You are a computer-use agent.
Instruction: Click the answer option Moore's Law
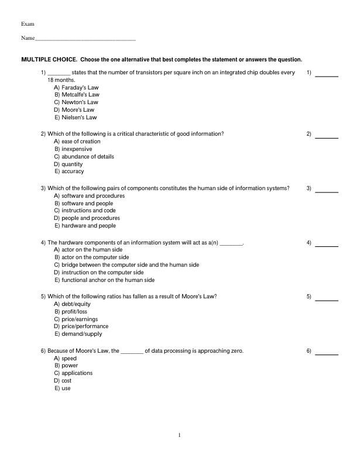click(x=74, y=109)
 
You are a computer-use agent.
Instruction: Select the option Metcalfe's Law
click(x=77, y=94)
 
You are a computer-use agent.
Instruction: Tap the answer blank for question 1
click(x=327, y=75)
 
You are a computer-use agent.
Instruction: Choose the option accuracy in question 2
click(x=68, y=172)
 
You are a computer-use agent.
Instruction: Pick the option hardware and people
click(x=85, y=226)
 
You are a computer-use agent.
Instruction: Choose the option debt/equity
click(x=73, y=304)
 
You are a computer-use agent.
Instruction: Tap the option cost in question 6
click(x=63, y=381)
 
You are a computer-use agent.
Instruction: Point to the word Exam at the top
click(x=28, y=24)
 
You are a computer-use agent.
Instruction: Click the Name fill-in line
click(x=85, y=39)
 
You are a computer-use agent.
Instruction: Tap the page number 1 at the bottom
click(x=180, y=435)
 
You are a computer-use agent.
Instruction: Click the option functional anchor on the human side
click(x=104, y=280)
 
